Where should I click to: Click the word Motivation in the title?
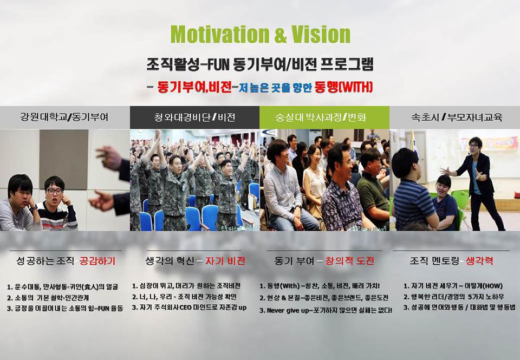pos(219,34)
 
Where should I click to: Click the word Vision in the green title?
pos(321,34)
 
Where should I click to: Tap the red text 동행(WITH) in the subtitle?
pos(344,87)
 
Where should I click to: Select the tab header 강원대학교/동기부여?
pos(64,117)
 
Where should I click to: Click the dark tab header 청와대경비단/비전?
pos(194,117)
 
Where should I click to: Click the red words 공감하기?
pos(97,261)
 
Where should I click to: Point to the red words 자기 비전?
pos(225,261)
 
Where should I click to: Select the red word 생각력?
pos(479,261)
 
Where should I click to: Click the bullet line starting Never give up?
pos(326,311)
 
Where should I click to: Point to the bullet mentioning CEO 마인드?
pos(190,307)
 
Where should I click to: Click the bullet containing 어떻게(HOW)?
pos(453,286)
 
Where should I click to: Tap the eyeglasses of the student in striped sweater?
pos(54,192)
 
